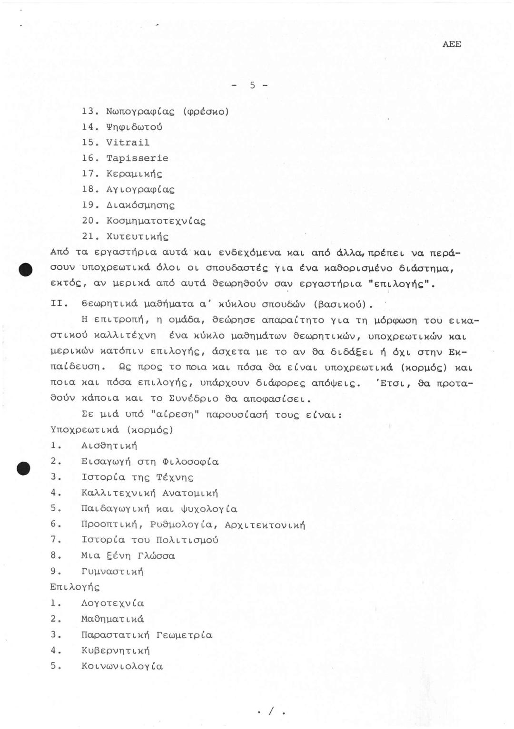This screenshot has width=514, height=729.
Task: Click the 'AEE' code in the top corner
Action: pyautogui.click(x=451, y=44)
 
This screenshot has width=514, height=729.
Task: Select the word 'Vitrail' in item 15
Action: pyautogui.click(x=128, y=143)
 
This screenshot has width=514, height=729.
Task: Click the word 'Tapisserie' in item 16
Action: pyautogui.click(x=137, y=158)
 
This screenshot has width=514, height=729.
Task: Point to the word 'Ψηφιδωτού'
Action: pyautogui.click(x=134, y=127)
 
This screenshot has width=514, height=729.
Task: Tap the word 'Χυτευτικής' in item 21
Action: pyautogui.click(x=137, y=237)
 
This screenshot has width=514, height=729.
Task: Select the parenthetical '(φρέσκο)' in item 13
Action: pyautogui.click(x=206, y=112)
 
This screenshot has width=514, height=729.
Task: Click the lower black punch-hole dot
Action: pyautogui.click(x=23, y=468)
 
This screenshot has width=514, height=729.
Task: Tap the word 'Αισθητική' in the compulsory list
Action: pyautogui.click(x=109, y=446)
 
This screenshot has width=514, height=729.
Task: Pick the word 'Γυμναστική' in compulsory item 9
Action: pyautogui.click(x=112, y=572)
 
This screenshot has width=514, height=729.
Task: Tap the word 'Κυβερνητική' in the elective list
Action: pyautogui.click(x=115, y=651)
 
